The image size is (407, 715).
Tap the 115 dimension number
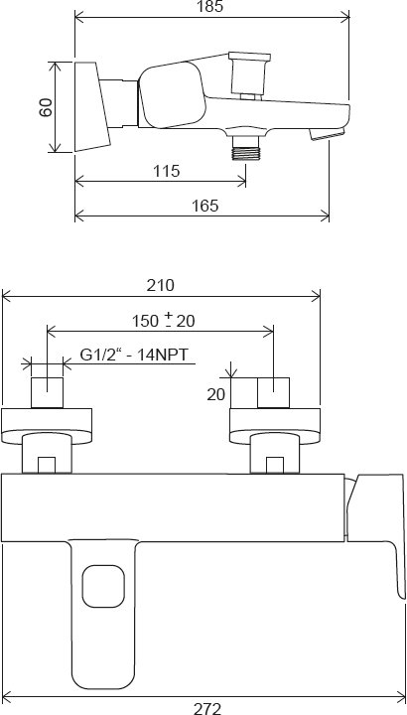[167, 171]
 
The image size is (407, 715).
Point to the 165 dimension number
[204, 206]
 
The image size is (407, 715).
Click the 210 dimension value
[161, 285]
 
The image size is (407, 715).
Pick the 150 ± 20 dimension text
[164, 320]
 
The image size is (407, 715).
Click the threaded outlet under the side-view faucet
[244, 149]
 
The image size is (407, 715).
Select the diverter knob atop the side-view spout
[244, 76]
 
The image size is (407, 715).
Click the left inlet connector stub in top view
[49, 392]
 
